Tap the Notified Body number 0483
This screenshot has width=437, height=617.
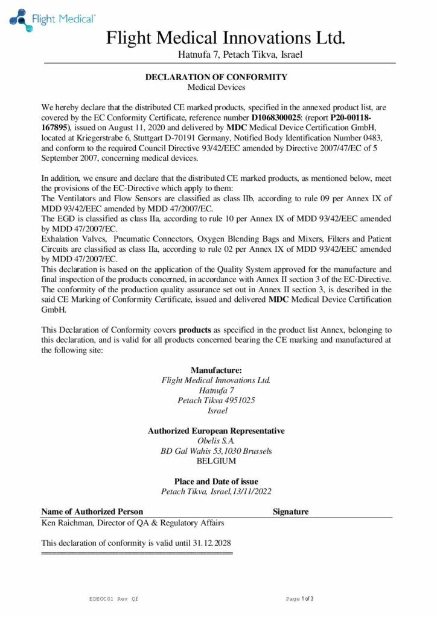point(382,137)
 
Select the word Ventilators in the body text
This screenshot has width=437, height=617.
point(74,198)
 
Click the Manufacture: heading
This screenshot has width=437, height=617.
point(216,369)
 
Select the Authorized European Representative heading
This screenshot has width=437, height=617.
point(216,431)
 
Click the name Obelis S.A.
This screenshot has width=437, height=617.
point(216,441)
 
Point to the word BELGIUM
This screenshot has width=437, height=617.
point(216,462)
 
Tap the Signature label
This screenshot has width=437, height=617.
point(290,512)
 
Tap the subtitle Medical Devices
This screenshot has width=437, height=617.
point(216,87)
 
